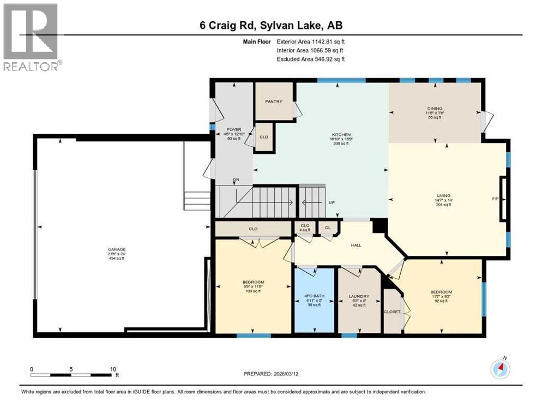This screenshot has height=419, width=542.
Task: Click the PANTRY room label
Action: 274,101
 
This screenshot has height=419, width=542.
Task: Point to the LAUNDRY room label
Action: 359,297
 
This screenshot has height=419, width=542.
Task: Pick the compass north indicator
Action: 499,369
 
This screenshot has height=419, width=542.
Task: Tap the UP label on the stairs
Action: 331,202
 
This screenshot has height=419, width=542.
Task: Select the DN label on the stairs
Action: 236,179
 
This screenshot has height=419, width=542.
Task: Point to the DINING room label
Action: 435,109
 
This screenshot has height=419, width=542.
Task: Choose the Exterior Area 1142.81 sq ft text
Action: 311,41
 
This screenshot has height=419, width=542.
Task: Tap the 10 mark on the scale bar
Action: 113,369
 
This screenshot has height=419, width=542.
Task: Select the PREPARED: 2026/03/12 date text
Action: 271,374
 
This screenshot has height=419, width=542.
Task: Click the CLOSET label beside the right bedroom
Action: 392,312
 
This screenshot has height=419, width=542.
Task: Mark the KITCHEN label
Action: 341,135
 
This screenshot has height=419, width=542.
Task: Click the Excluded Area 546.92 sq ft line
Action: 311,59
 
